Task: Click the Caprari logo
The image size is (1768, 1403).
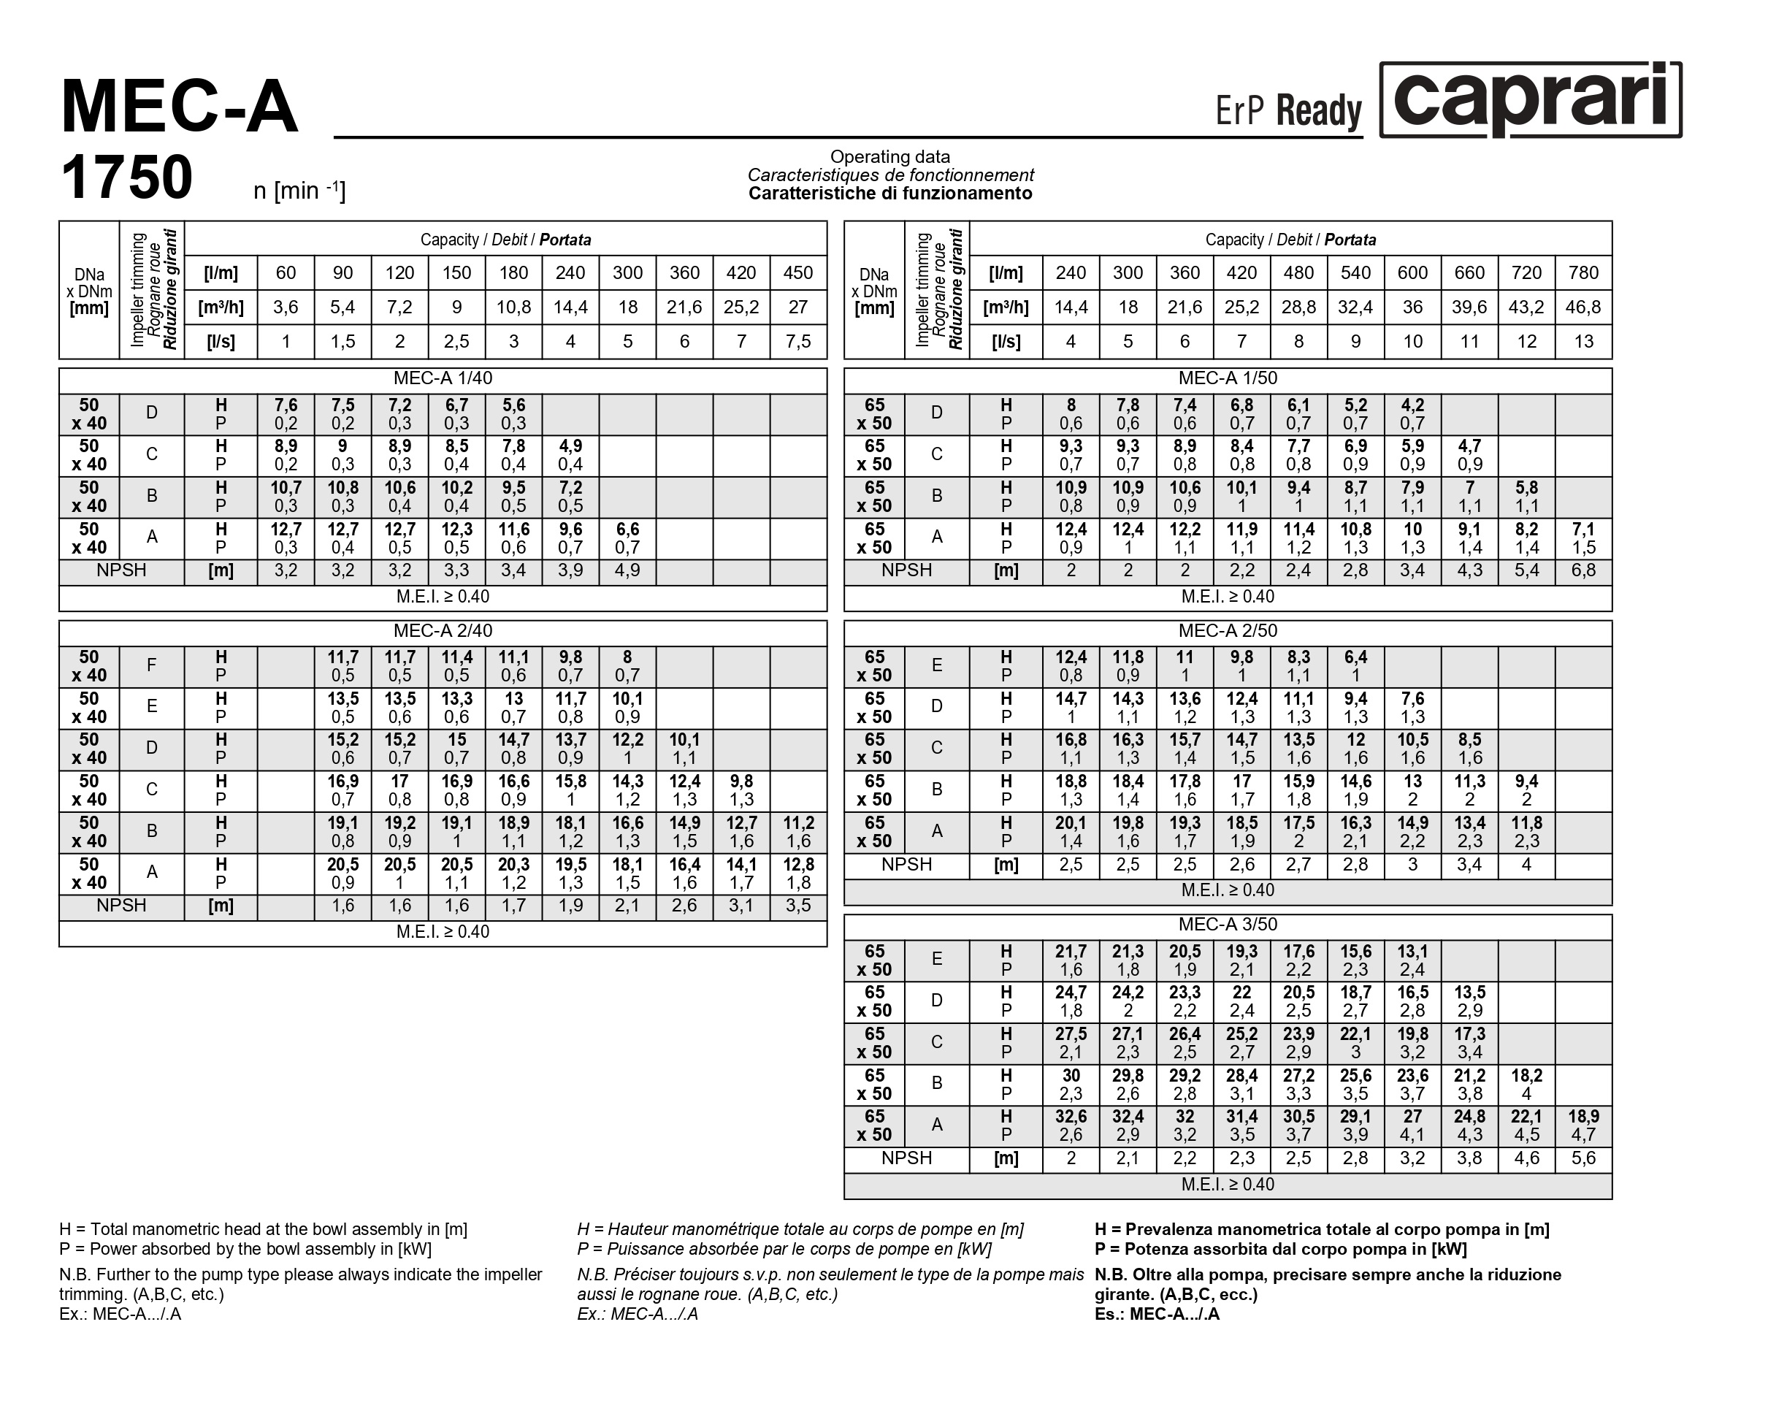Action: [x=1529, y=99]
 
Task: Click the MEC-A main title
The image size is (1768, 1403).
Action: [x=180, y=107]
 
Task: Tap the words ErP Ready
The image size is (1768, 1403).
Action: [x=1287, y=111]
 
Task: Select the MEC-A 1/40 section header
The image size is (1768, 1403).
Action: [x=443, y=379]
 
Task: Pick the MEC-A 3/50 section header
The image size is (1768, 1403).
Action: [x=1228, y=925]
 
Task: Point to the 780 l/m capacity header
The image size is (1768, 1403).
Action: [x=1583, y=273]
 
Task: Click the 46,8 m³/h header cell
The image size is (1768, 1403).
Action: [x=1583, y=307]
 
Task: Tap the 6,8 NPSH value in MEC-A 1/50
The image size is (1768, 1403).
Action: [x=1583, y=570]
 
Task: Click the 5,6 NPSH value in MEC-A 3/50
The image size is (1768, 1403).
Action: [x=1583, y=1158]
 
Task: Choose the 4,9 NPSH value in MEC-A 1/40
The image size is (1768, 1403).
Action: [x=627, y=570]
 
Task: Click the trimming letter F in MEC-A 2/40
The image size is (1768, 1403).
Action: [x=152, y=665]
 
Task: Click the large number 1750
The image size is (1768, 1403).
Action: [x=127, y=177]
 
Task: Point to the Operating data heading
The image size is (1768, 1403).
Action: [x=889, y=156]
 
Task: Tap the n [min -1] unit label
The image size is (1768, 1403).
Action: [x=299, y=190]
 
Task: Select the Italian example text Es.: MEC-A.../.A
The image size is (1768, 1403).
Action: [x=1156, y=1315]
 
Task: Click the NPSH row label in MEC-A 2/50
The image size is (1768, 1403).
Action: [x=906, y=865]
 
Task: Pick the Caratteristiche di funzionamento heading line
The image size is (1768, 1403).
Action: [x=889, y=194]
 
